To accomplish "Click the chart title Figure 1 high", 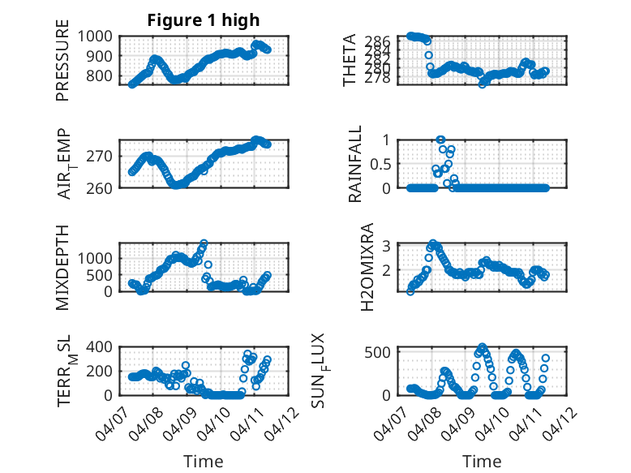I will point(204,20).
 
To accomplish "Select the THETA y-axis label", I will point(350,61).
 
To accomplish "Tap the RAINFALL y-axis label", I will point(354,164).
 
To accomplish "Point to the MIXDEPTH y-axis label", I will point(62,267).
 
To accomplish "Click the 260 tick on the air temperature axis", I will point(102,187).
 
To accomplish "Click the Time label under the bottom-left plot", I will point(204,461).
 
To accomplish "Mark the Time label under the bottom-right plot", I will point(483,461).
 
